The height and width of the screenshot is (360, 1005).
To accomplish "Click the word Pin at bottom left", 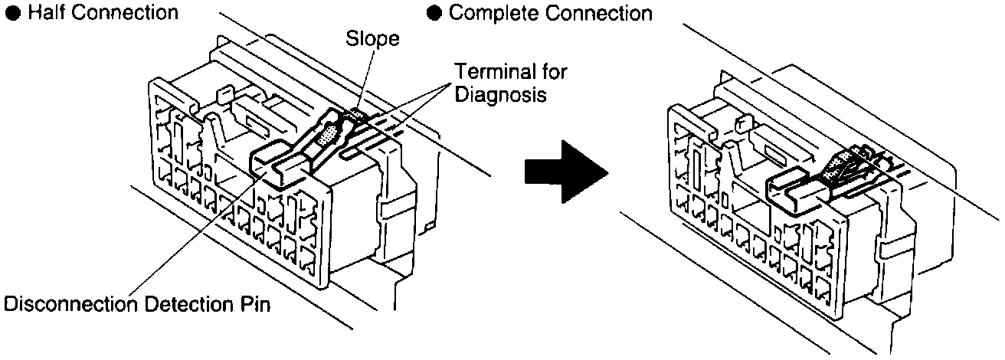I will click(x=259, y=304).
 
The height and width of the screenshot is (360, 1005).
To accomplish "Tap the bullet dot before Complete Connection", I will click(x=436, y=13).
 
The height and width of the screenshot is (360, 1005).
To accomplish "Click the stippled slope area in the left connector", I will click(x=328, y=138).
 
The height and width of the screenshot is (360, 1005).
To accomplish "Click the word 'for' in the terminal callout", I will click(x=555, y=71).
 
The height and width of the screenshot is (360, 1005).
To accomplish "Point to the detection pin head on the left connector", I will click(x=270, y=157).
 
